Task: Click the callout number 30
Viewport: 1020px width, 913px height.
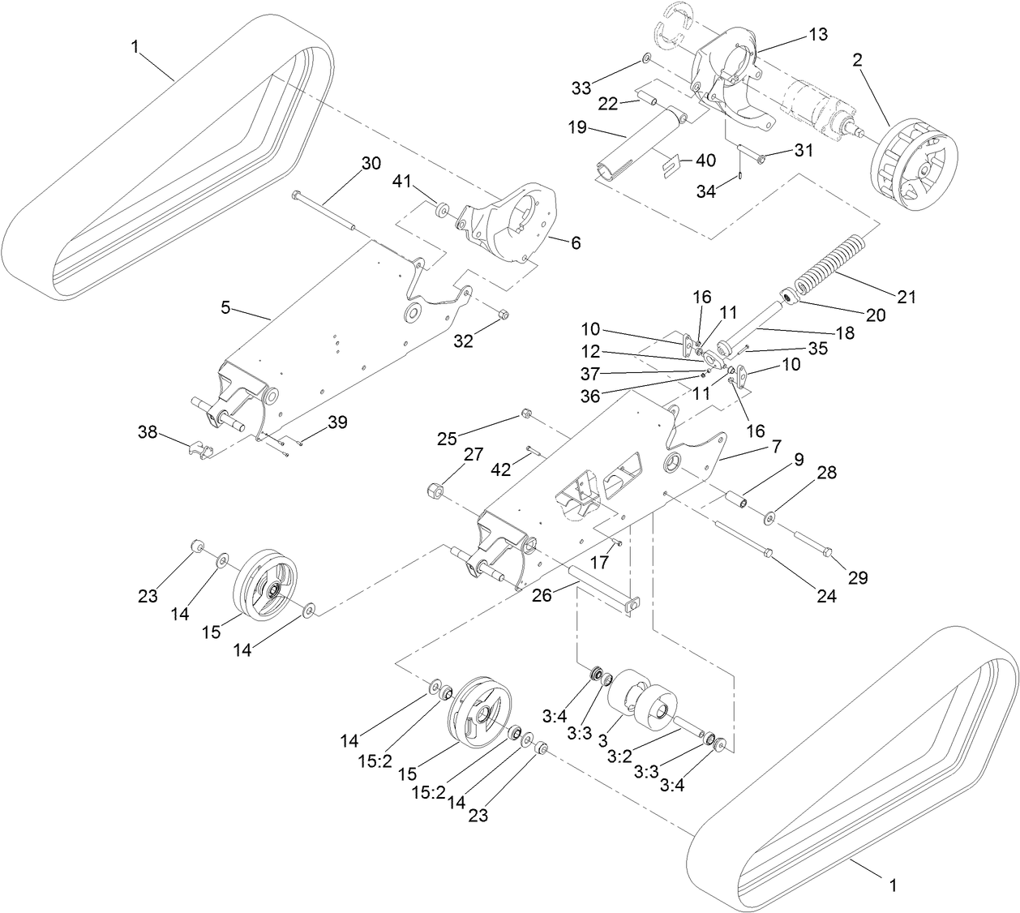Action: click(x=370, y=163)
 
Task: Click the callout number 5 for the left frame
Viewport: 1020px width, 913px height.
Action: click(x=225, y=307)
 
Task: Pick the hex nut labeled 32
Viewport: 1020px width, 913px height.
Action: click(x=502, y=315)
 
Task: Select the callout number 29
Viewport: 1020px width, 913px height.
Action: click(x=858, y=577)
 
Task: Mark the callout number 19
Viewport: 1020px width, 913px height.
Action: click(x=576, y=128)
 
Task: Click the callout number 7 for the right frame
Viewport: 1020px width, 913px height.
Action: click(x=776, y=446)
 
